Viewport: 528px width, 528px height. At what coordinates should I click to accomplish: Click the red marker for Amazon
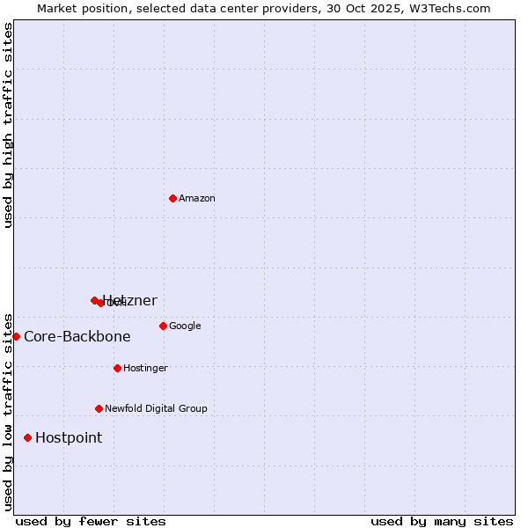(172, 198)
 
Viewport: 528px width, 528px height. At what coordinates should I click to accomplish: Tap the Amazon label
(196, 198)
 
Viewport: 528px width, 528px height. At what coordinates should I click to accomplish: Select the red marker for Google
(163, 326)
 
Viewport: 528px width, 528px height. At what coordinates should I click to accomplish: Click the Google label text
(185, 326)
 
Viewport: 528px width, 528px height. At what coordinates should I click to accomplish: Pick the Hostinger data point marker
(117, 368)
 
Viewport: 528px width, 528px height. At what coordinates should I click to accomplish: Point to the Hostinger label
(145, 368)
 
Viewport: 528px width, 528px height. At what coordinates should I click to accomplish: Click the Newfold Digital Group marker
(99, 408)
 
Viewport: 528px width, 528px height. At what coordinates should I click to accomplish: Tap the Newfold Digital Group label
(156, 408)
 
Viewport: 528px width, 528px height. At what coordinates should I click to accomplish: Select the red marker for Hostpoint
(27, 437)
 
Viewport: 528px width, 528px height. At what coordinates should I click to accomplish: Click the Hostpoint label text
(69, 437)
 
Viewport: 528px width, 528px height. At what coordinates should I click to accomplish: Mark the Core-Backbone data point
(16, 336)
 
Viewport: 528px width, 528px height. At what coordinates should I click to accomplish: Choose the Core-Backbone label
(77, 336)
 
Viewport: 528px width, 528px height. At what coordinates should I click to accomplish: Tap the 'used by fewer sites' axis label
(91, 521)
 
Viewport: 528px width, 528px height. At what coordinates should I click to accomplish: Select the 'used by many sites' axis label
(442, 521)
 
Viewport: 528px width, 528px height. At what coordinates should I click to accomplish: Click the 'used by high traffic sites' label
(8, 125)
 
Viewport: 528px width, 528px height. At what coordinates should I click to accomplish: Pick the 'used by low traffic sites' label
(8, 411)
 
